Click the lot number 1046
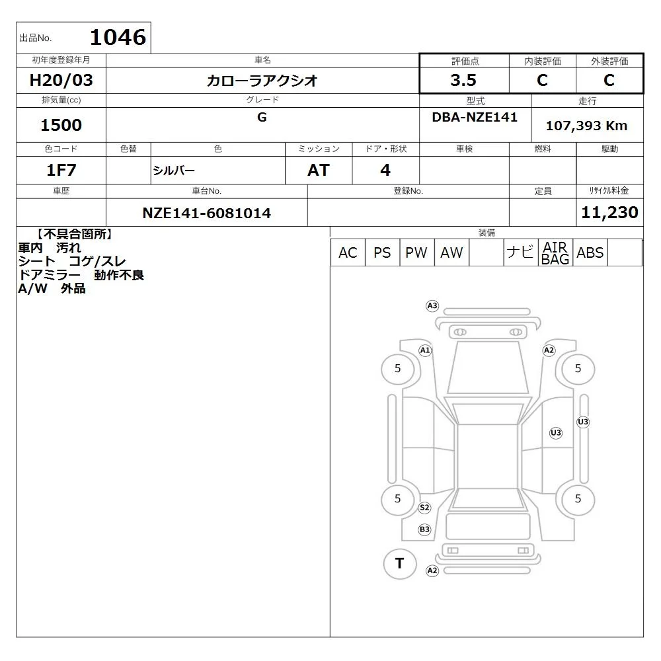[x=118, y=37]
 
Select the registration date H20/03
[x=61, y=80]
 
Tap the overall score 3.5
[x=463, y=80]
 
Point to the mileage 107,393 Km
[x=586, y=126]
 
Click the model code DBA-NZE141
[x=475, y=117]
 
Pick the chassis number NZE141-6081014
[x=206, y=213]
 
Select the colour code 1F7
[x=61, y=171]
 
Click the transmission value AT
[x=319, y=171]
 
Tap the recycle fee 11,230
[x=609, y=212]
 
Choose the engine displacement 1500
[x=61, y=125]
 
